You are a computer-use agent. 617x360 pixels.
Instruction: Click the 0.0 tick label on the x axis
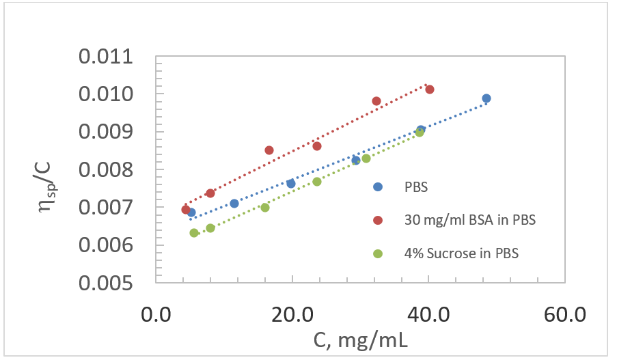[156, 315]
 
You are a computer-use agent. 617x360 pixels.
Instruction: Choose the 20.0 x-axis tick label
[292, 315]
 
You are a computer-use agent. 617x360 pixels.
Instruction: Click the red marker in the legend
[378, 221]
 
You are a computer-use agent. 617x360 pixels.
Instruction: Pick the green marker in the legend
[378, 253]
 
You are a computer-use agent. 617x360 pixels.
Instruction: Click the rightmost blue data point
[486, 98]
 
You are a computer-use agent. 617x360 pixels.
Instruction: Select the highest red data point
[430, 89]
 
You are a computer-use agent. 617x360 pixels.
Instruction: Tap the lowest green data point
[194, 233]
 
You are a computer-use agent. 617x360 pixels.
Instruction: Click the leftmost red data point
[186, 210]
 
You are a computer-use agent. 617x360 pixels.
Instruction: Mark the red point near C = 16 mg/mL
[269, 150]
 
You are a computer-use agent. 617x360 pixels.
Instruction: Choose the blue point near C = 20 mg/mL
[291, 184]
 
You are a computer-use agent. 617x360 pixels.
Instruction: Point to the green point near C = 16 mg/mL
[265, 208]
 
